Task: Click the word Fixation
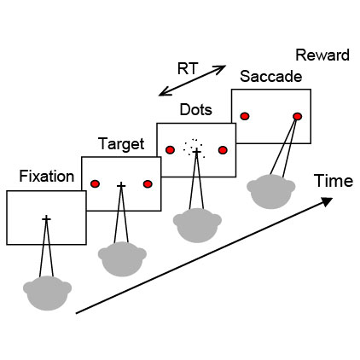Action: [x=47, y=177]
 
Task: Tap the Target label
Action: [x=121, y=144]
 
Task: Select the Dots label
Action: [x=196, y=110]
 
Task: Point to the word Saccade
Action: [x=270, y=77]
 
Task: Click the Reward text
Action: [x=322, y=55]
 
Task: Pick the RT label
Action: [x=188, y=68]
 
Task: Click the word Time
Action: [x=334, y=181]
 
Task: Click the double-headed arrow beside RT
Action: [x=192, y=80]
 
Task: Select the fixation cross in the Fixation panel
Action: [x=46, y=218]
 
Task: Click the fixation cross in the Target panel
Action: [x=121, y=185]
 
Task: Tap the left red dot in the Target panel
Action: [x=95, y=184]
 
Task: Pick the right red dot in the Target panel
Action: [x=148, y=184]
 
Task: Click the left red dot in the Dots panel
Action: [x=170, y=150]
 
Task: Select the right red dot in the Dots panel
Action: [x=223, y=150]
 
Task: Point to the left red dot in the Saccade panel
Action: [x=245, y=116]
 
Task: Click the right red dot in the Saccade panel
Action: [x=297, y=116]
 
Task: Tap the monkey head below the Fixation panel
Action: [x=47, y=293]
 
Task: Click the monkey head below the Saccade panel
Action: [x=271, y=192]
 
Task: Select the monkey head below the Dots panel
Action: [x=197, y=225]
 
